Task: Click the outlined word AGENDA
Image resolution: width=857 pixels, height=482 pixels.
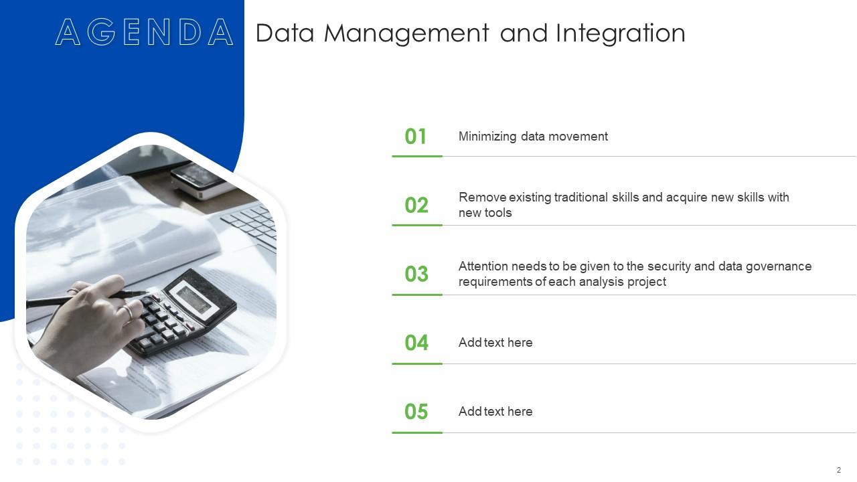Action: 144,33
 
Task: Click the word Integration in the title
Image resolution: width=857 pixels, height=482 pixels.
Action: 621,33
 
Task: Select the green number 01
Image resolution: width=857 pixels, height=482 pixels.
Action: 416,137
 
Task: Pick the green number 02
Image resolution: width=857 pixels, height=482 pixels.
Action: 416,205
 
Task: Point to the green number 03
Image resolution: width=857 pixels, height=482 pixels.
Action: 416,274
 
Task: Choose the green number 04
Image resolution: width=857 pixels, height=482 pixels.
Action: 416,343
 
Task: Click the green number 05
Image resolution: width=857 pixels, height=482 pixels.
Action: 416,412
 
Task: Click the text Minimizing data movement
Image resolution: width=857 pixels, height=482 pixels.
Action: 533,137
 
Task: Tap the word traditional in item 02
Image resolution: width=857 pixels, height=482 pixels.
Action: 581,197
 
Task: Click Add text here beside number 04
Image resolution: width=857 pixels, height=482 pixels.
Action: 495,343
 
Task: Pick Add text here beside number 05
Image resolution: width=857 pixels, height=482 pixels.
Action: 495,412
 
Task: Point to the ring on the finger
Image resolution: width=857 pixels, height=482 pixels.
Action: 127,312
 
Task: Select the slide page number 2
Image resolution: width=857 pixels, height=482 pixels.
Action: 838,470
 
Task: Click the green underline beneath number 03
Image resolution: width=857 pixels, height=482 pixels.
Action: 416,295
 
